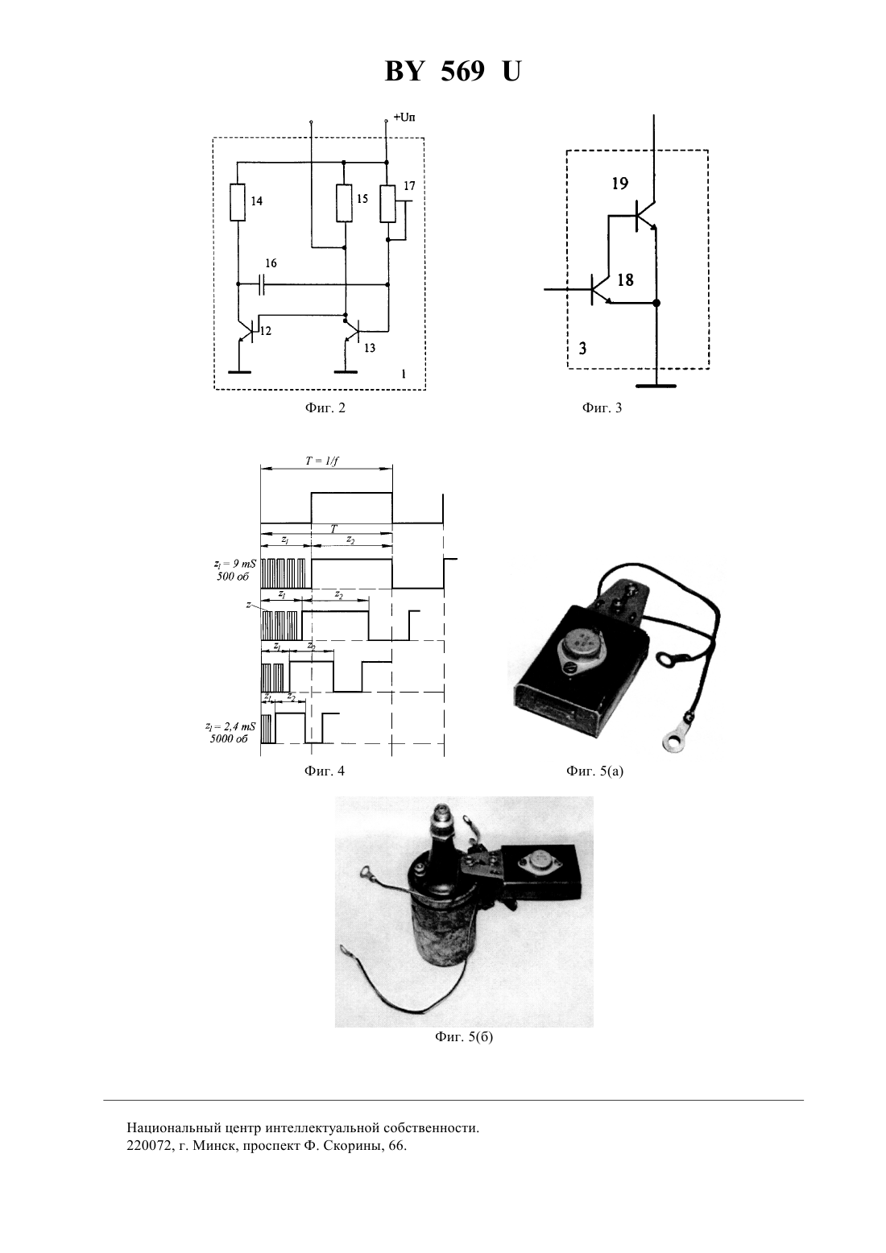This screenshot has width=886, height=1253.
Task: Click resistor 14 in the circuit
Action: [x=238, y=202]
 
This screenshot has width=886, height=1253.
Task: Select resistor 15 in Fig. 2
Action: [x=344, y=202]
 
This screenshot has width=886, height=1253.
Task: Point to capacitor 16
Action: [x=261, y=285]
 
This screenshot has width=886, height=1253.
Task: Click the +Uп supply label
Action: [x=404, y=118]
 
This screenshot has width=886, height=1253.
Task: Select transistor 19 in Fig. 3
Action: [x=644, y=215]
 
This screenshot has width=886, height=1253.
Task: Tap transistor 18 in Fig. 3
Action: [x=599, y=290]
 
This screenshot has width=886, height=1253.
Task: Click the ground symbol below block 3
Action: [x=656, y=386]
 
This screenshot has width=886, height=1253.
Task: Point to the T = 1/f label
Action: [x=322, y=461]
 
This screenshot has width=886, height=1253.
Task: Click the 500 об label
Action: [x=233, y=576]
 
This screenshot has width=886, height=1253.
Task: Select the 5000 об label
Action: [x=229, y=738]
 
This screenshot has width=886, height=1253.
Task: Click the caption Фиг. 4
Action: [x=325, y=771]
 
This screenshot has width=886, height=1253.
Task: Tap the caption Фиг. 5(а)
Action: [x=594, y=771]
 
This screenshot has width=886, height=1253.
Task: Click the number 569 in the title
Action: [x=462, y=71]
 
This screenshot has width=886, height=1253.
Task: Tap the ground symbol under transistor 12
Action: [x=239, y=372]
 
